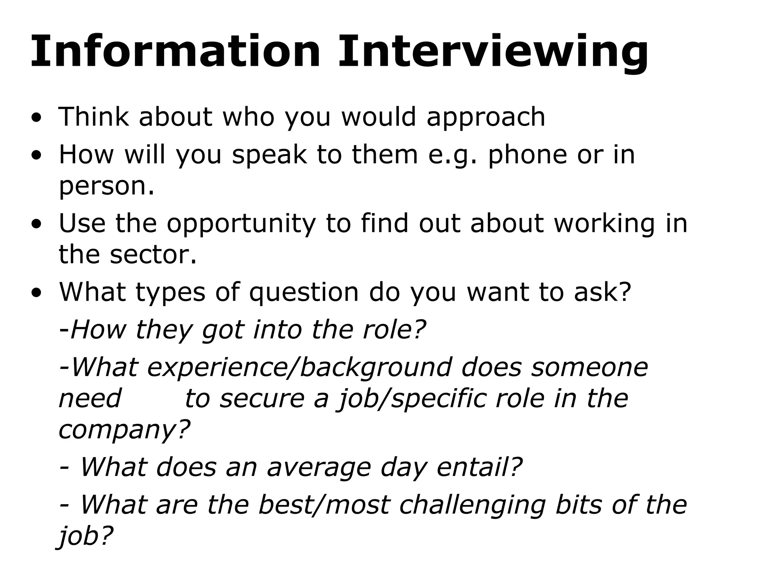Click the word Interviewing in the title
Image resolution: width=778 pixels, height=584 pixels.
(493, 52)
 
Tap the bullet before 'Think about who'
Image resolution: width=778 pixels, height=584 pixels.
(36, 117)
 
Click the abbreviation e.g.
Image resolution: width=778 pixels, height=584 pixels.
(452, 156)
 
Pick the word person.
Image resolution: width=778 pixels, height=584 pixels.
(107, 186)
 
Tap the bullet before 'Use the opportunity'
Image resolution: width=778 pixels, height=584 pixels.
(36, 224)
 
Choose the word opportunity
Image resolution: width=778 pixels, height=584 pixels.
(241, 224)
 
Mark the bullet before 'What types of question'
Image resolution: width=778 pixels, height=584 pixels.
(36, 293)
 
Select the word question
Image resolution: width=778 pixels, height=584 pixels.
(304, 293)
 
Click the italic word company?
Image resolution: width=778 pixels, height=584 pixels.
(124, 430)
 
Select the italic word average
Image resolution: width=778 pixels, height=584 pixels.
(319, 467)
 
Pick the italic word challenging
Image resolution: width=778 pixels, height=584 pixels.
(473, 506)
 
